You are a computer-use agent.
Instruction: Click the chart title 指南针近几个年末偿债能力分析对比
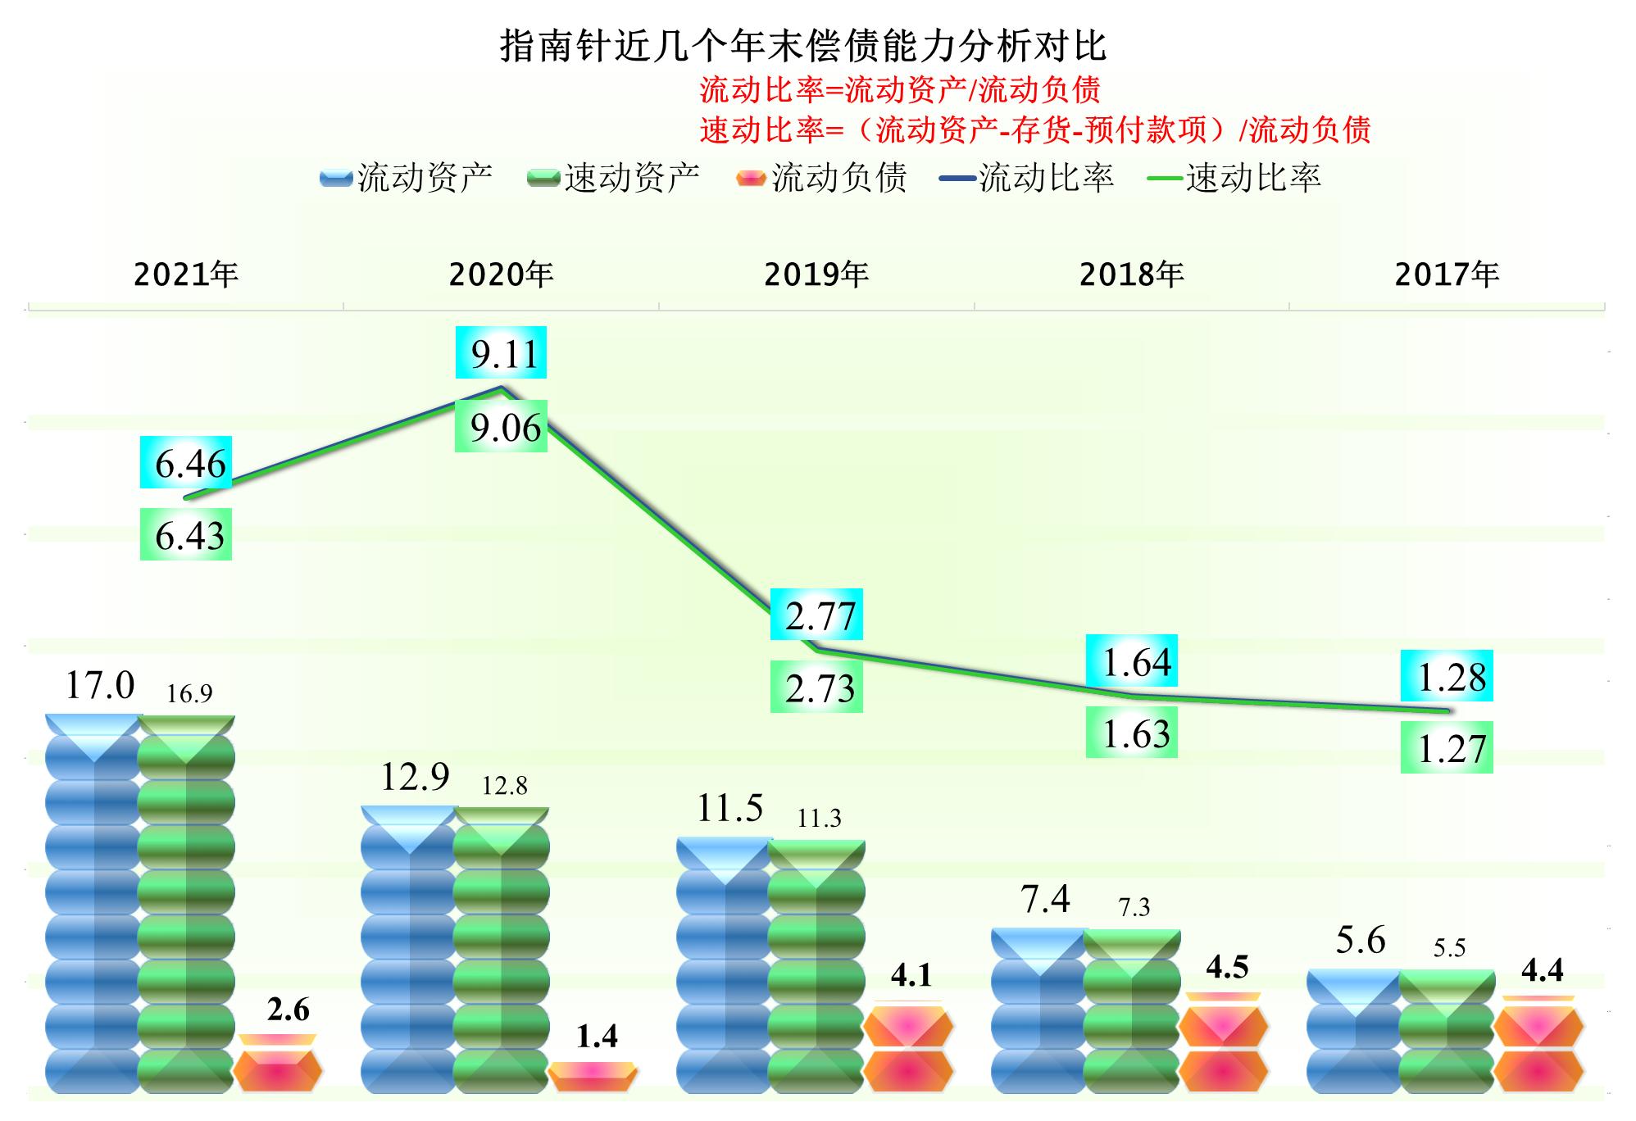(x=803, y=47)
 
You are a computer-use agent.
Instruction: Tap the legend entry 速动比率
(x=1238, y=178)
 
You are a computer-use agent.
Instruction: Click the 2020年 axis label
(x=501, y=275)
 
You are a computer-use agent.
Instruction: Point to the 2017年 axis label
(x=1447, y=275)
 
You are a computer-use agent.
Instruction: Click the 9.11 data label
(x=502, y=353)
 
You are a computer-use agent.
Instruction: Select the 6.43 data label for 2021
(x=187, y=535)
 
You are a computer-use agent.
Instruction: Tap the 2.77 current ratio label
(x=817, y=615)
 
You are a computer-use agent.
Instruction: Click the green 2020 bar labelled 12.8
(x=501, y=951)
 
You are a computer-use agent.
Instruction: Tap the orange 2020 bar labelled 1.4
(x=593, y=1077)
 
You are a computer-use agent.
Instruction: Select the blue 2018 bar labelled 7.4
(x=1039, y=1012)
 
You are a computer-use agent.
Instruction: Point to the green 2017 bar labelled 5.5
(x=1447, y=1032)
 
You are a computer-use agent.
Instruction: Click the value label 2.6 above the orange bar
(x=289, y=1010)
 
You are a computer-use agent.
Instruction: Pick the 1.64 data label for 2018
(x=1133, y=660)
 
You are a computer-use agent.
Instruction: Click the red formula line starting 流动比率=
(x=899, y=89)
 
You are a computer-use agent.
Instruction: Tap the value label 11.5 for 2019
(x=729, y=809)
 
